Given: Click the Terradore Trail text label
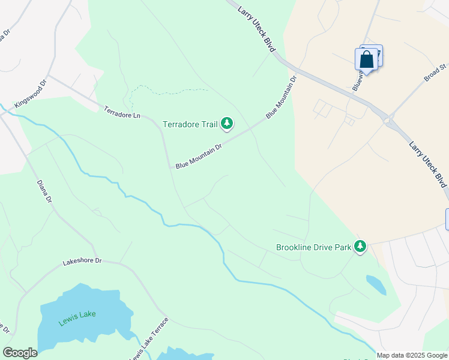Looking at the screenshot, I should coord(190,125).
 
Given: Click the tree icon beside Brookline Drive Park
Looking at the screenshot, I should coord(360,247).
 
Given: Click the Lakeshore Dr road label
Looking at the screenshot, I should coord(82,262).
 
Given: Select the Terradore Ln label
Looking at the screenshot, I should coord(122,112).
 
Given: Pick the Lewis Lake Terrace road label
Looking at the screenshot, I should coord(149,339).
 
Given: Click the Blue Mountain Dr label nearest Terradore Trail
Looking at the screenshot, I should coord(199,155).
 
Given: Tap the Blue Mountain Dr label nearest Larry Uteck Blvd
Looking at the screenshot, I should coord(282,97).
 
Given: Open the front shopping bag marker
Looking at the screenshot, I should coord(366,61).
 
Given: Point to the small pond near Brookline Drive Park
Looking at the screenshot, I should coord(376,284).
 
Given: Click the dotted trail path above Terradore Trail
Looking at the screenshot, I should coord(168,92).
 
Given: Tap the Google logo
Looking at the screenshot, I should coord(20,353).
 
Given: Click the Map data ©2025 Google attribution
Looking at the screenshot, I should coord(412,355).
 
